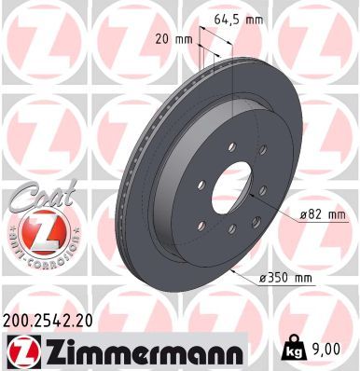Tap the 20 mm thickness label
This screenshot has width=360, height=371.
[166, 39]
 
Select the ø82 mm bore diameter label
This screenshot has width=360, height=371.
[298, 215]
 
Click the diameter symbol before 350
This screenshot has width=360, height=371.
[265, 278]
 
